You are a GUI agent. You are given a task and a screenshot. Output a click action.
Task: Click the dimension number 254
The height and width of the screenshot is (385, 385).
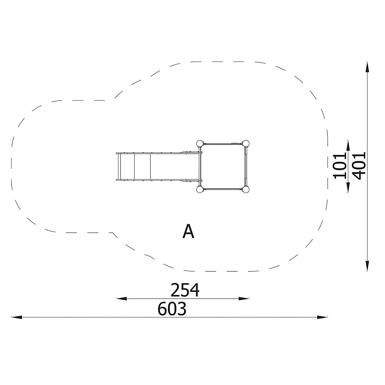[185, 290]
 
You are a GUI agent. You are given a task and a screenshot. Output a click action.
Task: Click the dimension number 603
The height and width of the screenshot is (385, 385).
[172, 309]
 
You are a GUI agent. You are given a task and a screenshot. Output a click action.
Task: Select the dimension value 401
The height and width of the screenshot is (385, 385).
[359, 166]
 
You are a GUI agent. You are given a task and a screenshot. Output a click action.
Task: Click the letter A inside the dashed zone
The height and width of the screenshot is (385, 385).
[188, 232]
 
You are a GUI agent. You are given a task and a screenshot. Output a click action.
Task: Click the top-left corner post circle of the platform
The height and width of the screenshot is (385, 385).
[200, 143]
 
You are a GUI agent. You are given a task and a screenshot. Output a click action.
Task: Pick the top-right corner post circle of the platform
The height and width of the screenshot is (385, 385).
[246, 143]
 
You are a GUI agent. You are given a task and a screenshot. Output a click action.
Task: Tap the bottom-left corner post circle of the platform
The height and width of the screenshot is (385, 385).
[200, 189]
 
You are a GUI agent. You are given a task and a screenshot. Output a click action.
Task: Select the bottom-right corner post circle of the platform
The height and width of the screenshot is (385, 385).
[246, 189]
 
